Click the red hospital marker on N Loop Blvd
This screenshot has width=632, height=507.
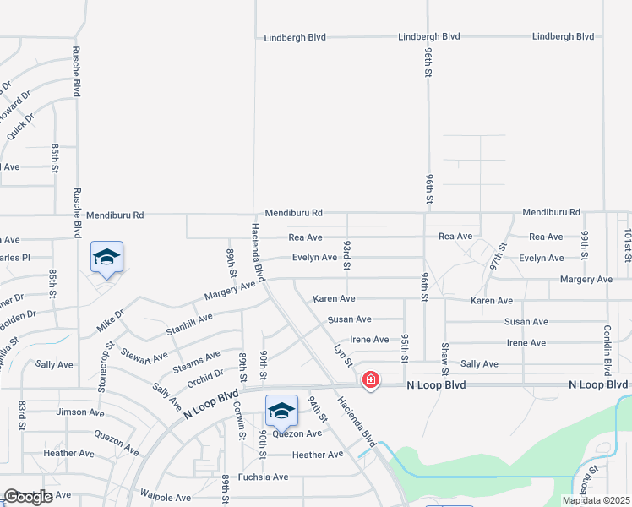(x=370, y=380)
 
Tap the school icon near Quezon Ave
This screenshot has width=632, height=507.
(x=281, y=412)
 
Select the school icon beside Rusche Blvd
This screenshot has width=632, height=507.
(x=106, y=258)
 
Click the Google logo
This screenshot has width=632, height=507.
(x=28, y=497)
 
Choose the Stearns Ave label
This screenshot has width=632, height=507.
(x=196, y=360)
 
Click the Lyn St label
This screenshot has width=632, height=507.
(x=342, y=355)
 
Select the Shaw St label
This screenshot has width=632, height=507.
(x=444, y=358)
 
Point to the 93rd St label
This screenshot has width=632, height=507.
(x=346, y=255)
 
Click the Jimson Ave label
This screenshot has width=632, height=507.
(x=79, y=412)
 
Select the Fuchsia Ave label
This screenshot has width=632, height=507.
(x=264, y=477)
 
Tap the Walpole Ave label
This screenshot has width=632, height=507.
(x=166, y=493)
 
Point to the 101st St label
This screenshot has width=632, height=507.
(x=628, y=246)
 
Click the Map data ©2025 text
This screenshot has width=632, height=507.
(x=595, y=500)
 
